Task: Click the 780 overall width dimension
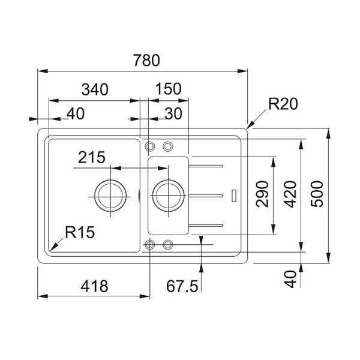[x=146, y=61]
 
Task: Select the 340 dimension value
[x=95, y=89]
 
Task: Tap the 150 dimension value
[x=168, y=89]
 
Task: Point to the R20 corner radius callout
[x=283, y=104]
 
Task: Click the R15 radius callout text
[x=80, y=232]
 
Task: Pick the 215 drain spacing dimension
[x=92, y=157]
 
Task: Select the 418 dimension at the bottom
[x=94, y=286]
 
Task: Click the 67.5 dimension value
[x=182, y=286]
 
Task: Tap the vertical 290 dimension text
[x=262, y=194]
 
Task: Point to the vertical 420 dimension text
[x=290, y=194]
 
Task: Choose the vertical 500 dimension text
[x=317, y=194]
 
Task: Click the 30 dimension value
[x=173, y=113]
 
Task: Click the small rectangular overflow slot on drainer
[x=234, y=196]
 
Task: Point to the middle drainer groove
[x=206, y=196]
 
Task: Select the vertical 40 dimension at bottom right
[x=290, y=279]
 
